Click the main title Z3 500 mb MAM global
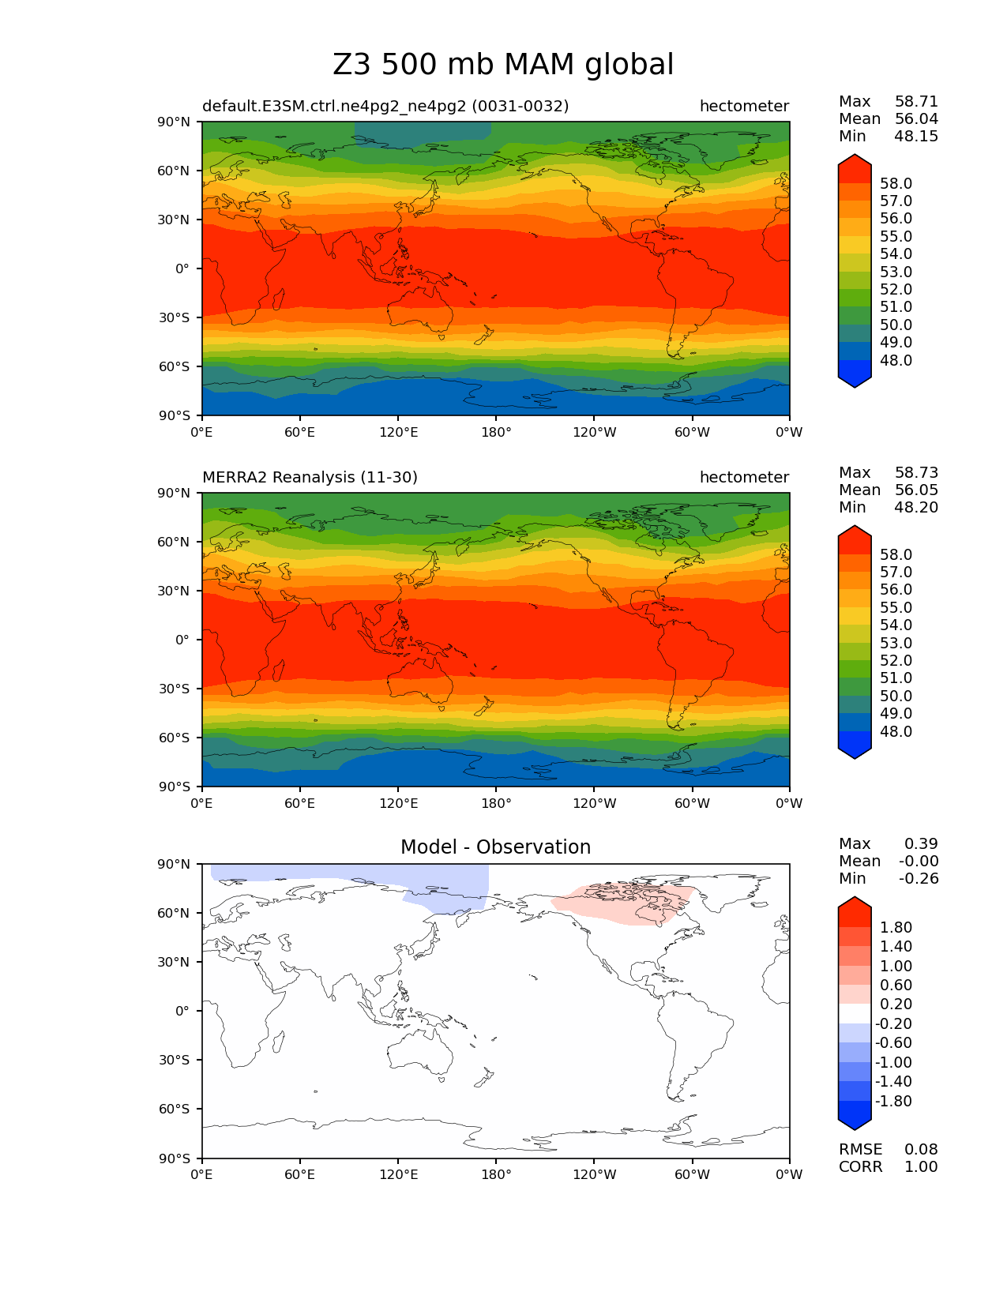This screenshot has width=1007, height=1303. pos(503,65)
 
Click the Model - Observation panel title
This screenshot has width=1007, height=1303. pos(495,847)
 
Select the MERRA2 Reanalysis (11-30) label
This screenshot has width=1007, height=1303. pos(310,477)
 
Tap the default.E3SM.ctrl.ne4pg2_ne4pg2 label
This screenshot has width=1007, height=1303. pos(385,106)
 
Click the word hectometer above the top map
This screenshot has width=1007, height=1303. pos(744,106)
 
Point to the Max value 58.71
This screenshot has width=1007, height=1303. pos(916,101)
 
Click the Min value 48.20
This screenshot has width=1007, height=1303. pos(916,507)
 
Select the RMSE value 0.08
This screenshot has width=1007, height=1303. pos(921,1149)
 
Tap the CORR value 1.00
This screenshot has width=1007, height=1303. pos(921,1166)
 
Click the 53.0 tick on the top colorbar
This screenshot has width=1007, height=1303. pos(896,272)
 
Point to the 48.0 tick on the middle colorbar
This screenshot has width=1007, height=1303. pos(896,731)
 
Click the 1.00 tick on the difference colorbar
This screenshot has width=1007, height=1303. pos(896,966)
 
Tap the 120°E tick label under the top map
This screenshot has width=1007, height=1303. pos(398,432)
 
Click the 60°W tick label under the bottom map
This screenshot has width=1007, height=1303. pos(692,1174)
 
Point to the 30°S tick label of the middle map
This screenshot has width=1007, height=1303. pos(175,689)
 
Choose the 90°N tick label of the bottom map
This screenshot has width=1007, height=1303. pos(175,864)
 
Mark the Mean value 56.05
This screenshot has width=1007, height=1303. pos(916,490)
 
